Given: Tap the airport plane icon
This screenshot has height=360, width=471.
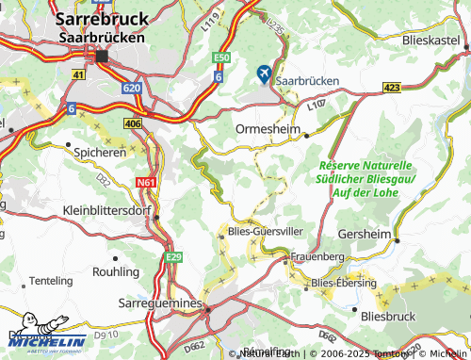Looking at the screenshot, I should coord(263,72).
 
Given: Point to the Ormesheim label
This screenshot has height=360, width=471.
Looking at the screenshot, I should coord(268,129).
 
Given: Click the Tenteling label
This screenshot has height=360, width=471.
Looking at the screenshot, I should coord(52,281).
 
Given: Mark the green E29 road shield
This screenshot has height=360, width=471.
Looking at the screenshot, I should coord(173,257).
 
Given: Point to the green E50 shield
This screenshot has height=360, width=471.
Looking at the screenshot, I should coord(220,57).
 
